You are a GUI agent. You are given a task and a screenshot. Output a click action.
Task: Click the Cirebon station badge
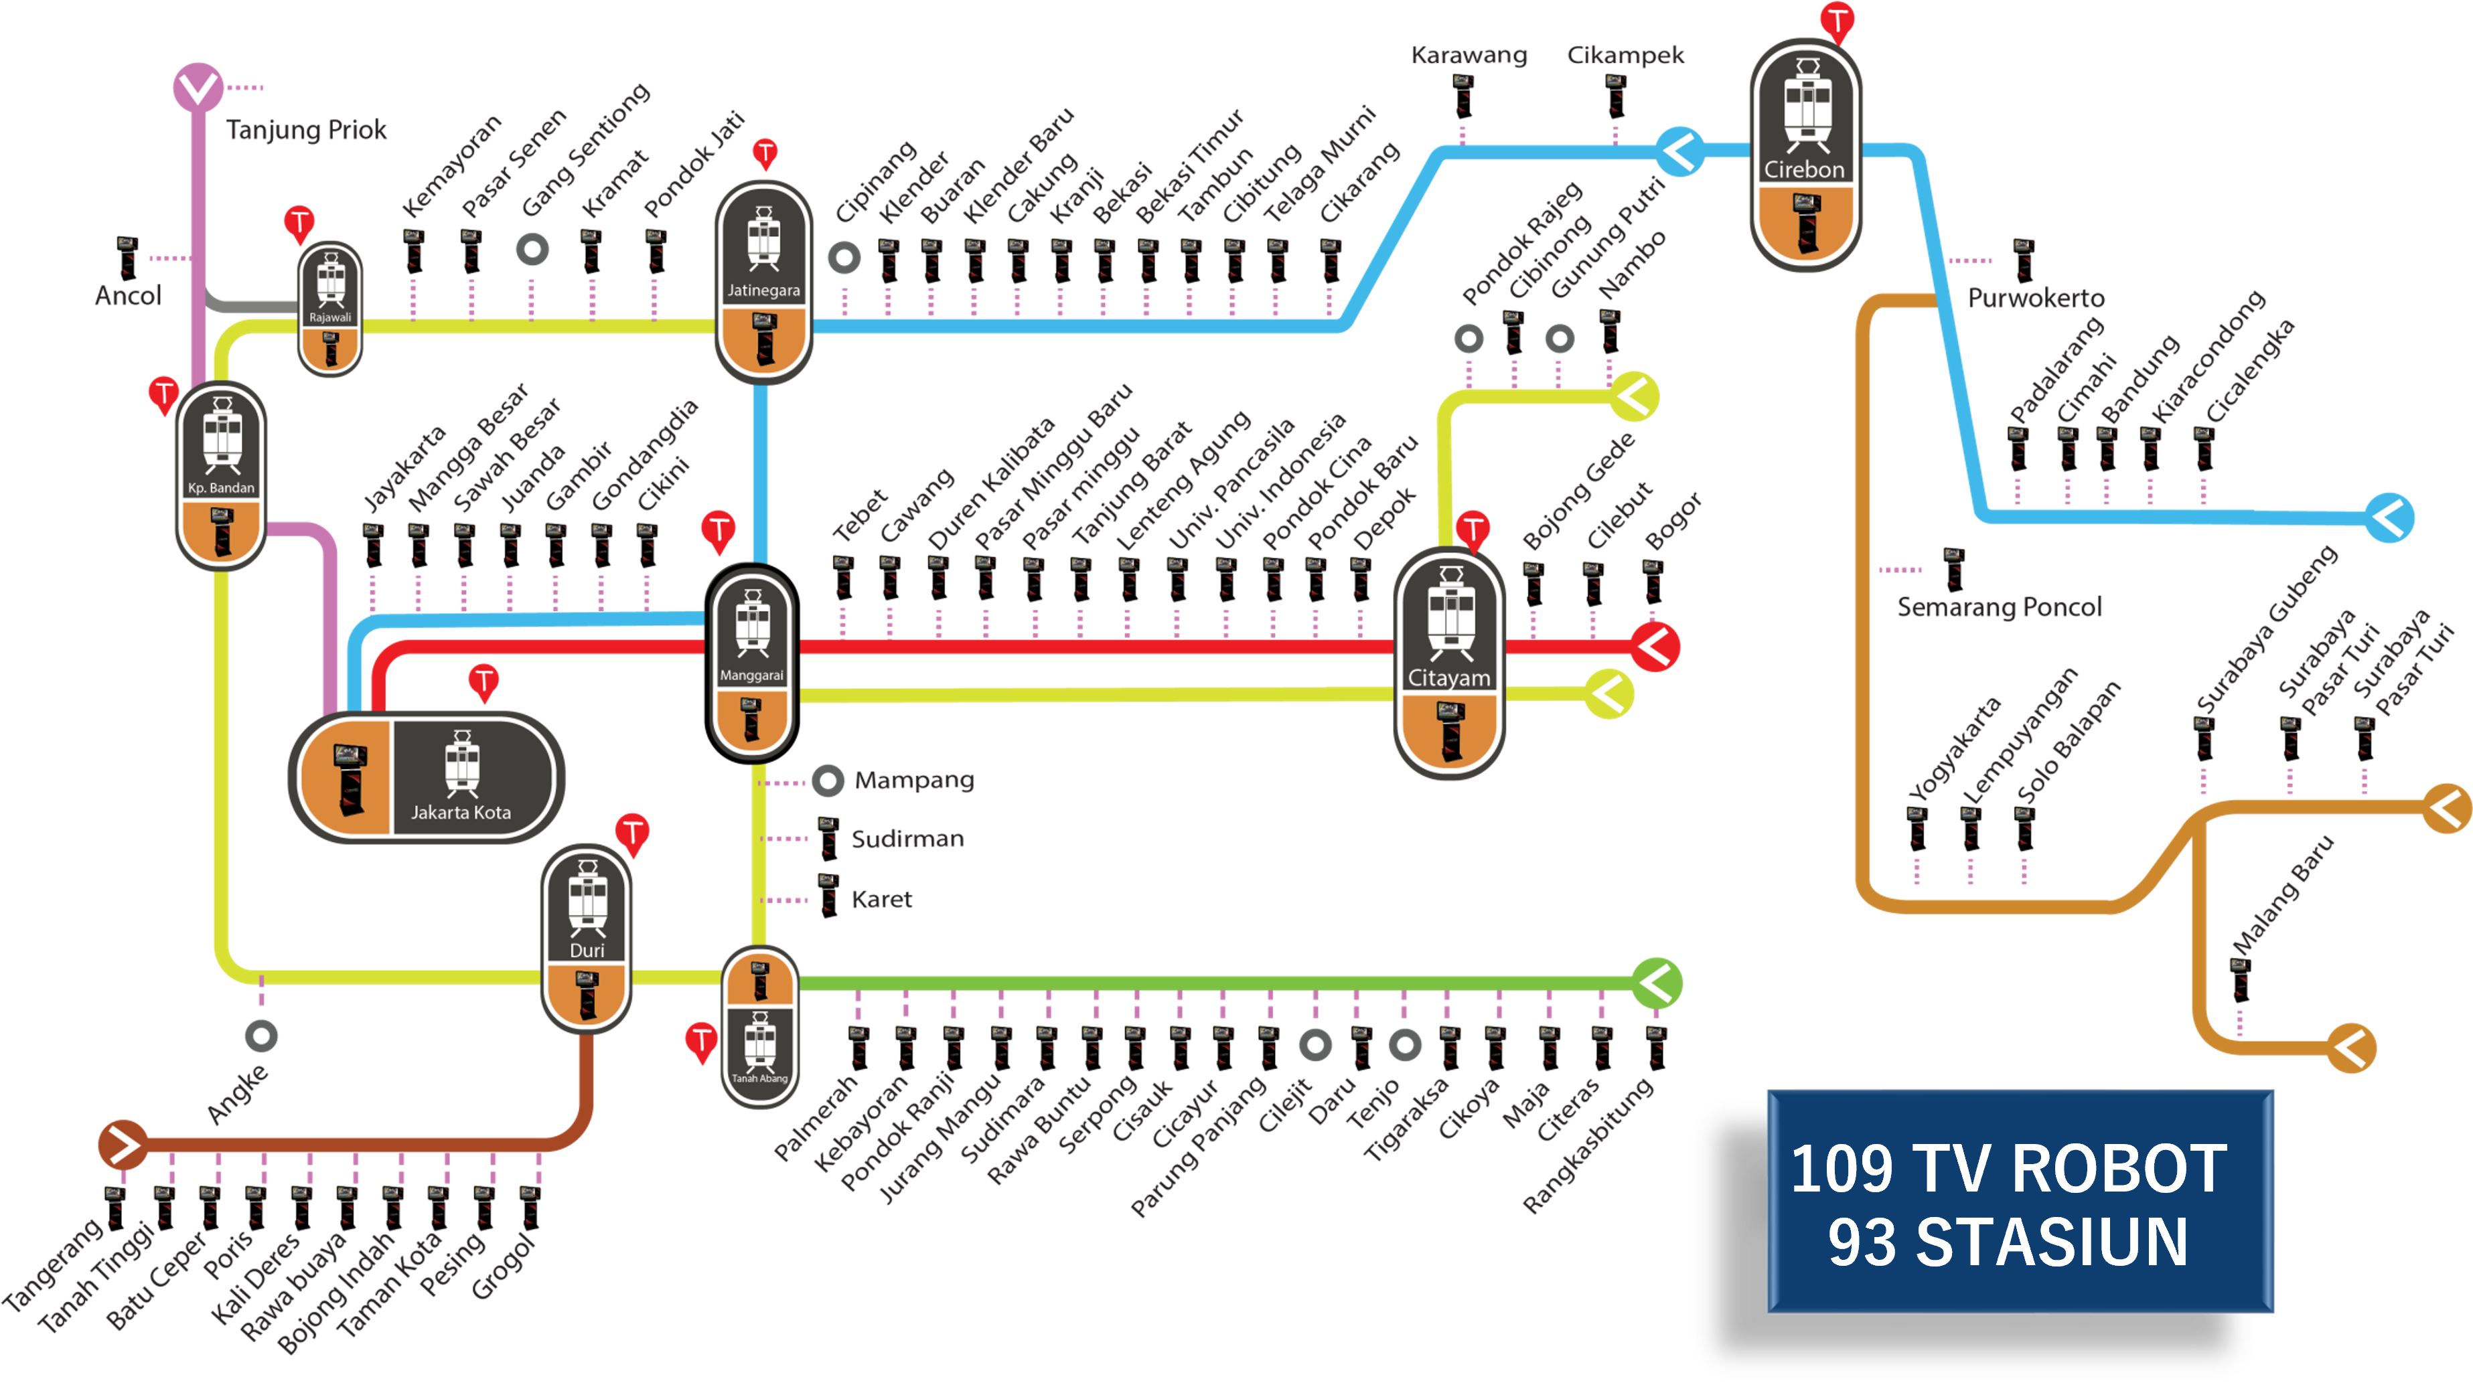pos(1806,153)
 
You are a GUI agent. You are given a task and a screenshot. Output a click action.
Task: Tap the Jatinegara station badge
pos(763,281)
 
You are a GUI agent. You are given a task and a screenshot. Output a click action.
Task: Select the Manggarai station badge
pos(752,662)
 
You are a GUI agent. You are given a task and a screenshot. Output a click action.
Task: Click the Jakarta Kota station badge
pos(427,777)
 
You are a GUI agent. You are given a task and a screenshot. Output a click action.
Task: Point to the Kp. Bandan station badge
pos(221,475)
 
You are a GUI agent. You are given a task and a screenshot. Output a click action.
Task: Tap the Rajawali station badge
pos(330,307)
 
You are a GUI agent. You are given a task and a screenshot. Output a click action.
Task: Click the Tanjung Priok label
pos(306,130)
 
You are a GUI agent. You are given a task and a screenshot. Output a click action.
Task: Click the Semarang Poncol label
pos(1999,608)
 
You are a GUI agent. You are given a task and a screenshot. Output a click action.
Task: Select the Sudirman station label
pos(907,839)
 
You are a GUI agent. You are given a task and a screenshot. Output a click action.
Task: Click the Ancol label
pos(128,296)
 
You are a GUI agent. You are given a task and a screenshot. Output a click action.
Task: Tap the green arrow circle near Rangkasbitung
pos(1657,983)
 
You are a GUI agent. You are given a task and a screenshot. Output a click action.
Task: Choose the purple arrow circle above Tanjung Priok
pos(198,88)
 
